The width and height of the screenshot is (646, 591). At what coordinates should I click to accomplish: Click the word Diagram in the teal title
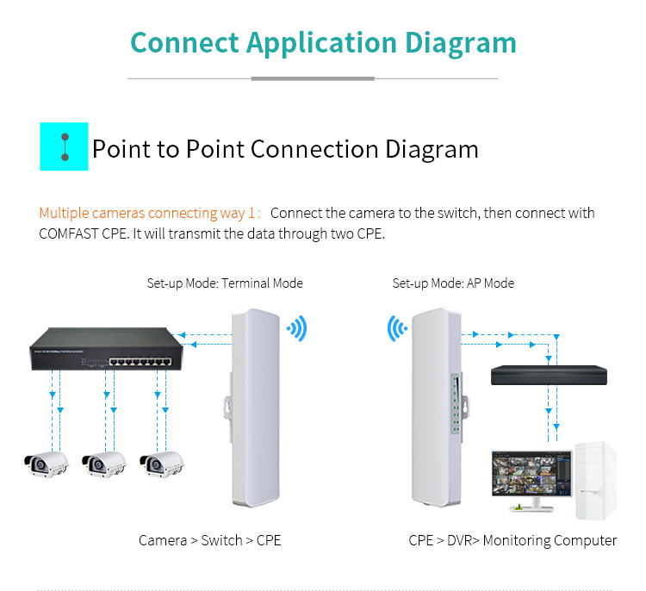click(x=461, y=43)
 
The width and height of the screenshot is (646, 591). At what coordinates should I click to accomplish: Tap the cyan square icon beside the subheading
click(x=64, y=146)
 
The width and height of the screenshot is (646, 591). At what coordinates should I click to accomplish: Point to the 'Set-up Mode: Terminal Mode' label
click(x=225, y=283)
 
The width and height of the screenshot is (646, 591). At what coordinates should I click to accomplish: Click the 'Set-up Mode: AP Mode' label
click(x=453, y=283)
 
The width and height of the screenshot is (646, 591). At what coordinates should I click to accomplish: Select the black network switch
click(x=107, y=349)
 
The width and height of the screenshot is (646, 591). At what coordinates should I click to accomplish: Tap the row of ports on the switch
click(x=140, y=362)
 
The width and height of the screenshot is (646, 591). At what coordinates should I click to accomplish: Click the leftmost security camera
click(x=47, y=464)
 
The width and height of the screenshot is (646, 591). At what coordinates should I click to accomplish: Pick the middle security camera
click(x=104, y=464)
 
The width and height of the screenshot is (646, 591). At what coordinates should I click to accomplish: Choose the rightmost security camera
click(x=162, y=464)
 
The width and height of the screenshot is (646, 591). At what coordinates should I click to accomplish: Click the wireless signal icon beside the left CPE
click(x=297, y=328)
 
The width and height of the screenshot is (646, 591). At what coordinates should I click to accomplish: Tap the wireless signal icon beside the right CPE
click(x=397, y=328)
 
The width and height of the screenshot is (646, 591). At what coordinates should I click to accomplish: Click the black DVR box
click(x=549, y=375)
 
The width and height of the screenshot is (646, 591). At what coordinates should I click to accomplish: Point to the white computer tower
click(x=596, y=481)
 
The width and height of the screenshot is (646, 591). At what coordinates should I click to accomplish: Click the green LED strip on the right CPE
click(x=456, y=404)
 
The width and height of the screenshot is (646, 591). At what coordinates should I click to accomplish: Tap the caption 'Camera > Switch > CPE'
click(x=209, y=540)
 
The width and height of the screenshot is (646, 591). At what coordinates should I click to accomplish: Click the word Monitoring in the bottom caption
click(x=516, y=540)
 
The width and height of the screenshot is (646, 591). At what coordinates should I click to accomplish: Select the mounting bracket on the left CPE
click(x=228, y=406)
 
